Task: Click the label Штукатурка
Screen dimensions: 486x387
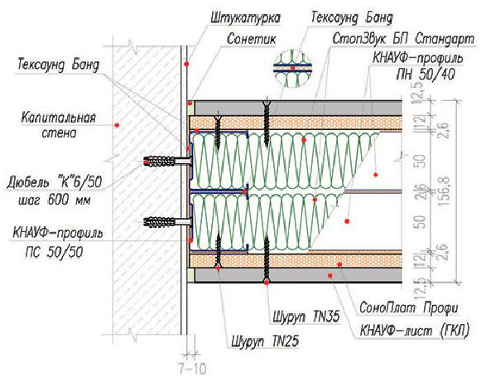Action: pyautogui.click(x=245, y=19)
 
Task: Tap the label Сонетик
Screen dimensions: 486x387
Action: pyautogui.click(x=252, y=40)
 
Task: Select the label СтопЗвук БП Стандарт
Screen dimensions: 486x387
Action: pyautogui.click(x=403, y=40)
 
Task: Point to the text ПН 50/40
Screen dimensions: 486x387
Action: pyautogui.click(x=426, y=75)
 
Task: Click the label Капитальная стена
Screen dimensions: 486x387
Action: pyautogui.click(x=59, y=125)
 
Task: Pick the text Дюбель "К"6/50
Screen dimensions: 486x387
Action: pyautogui.click(x=55, y=182)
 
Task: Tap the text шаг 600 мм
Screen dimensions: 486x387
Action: pyautogui.click(x=55, y=201)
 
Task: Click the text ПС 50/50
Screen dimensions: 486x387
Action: pyautogui.click(x=55, y=253)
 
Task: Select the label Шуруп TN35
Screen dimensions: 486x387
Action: pyautogui.click(x=306, y=317)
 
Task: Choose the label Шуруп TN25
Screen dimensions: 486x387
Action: pyautogui.click(x=265, y=341)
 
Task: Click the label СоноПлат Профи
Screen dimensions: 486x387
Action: pyautogui.click(x=408, y=308)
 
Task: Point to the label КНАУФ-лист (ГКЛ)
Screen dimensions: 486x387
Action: pyautogui.click(x=415, y=330)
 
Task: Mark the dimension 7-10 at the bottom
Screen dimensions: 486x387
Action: pyautogui.click(x=192, y=369)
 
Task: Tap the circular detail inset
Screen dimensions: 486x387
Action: pyautogui.click(x=292, y=68)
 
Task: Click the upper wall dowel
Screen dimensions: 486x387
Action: pyautogui.click(x=167, y=162)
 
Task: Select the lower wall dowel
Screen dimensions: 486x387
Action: pyautogui.click(x=167, y=222)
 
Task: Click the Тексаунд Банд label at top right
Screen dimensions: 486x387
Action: pyautogui.click(x=352, y=18)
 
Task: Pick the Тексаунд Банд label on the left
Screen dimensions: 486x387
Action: pyautogui.click(x=59, y=65)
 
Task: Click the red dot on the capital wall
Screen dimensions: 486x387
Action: pyautogui.click(x=117, y=125)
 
